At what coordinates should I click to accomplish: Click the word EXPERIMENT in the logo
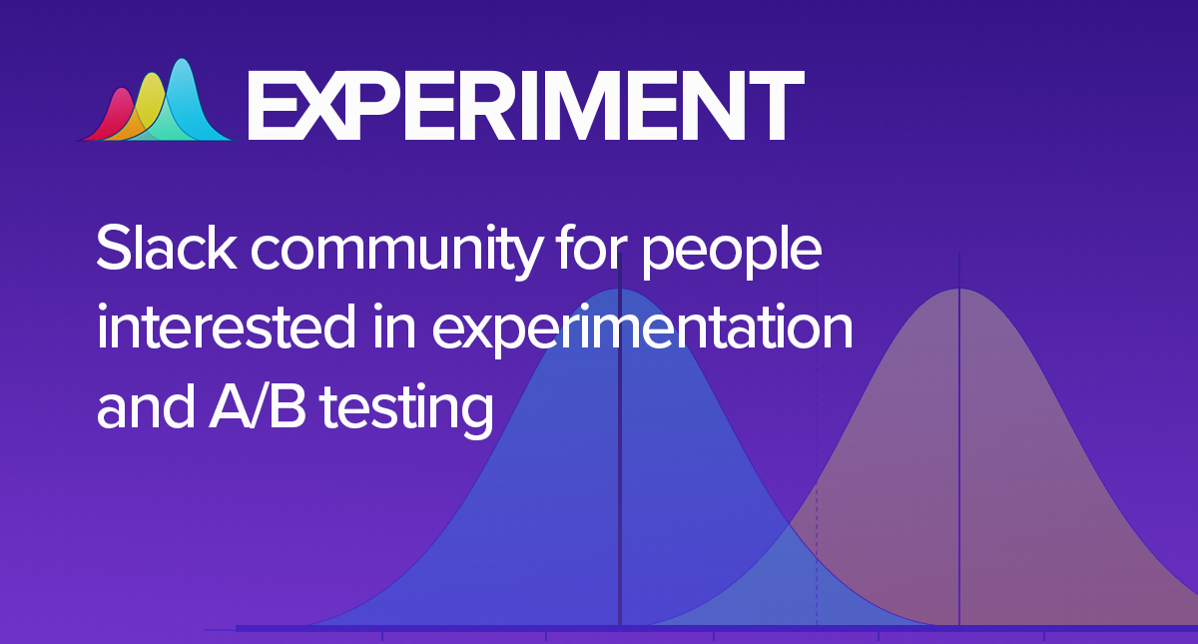524,104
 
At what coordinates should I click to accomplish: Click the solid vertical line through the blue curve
620,499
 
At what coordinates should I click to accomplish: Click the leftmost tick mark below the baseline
382,635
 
